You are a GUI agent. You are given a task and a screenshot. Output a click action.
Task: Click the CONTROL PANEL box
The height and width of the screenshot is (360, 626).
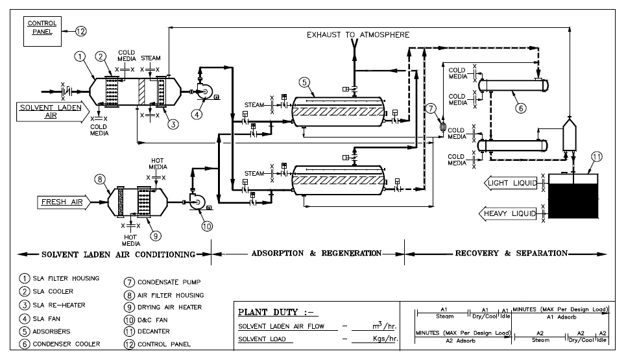pos(41,30)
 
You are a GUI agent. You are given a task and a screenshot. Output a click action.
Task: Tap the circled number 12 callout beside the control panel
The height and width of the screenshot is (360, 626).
pos(80,30)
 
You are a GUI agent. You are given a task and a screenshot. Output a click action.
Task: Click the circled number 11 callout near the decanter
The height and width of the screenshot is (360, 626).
pos(597,156)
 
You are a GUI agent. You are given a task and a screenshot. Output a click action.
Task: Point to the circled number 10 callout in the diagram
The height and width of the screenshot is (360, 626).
pos(206,226)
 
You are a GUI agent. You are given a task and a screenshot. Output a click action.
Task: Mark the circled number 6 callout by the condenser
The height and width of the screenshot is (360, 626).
pos(520,109)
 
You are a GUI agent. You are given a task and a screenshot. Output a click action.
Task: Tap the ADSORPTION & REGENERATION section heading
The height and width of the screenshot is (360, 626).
pos(308,253)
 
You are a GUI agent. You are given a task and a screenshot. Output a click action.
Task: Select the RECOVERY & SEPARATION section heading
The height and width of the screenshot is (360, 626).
pos(511,253)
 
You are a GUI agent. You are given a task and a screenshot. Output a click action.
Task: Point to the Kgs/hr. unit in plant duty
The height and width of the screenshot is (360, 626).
pos(378,339)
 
